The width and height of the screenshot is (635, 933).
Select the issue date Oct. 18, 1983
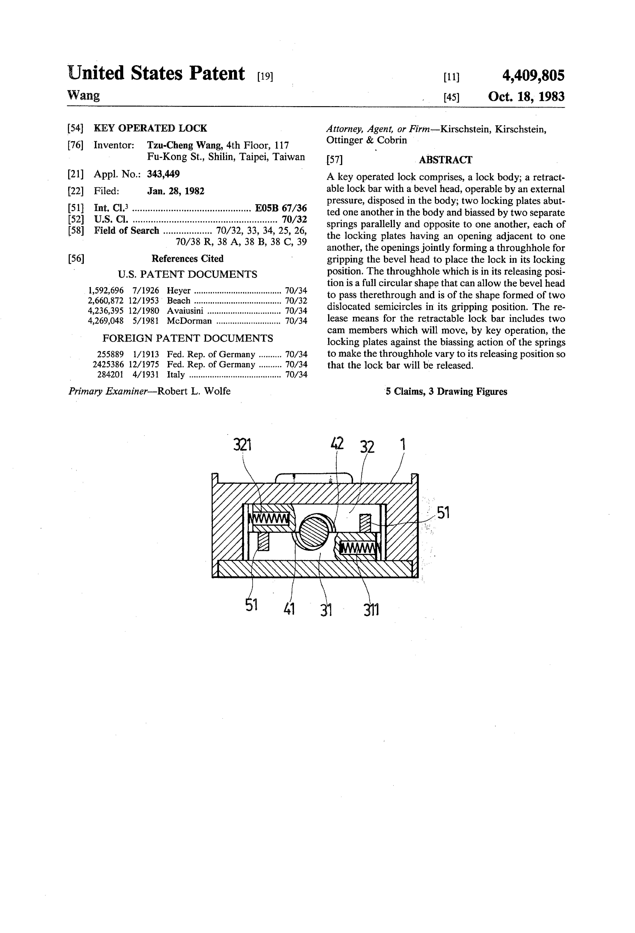[526, 97]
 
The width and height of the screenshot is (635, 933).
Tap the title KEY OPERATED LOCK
[151, 128]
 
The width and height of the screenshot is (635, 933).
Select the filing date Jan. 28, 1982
[176, 191]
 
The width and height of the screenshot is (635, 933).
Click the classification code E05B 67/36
[281, 208]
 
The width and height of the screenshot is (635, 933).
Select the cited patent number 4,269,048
[106, 321]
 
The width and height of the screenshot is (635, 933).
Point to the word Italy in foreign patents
[176, 375]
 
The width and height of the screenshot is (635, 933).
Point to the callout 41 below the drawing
[289, 609]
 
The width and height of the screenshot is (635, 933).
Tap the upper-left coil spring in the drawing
[269, 519]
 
